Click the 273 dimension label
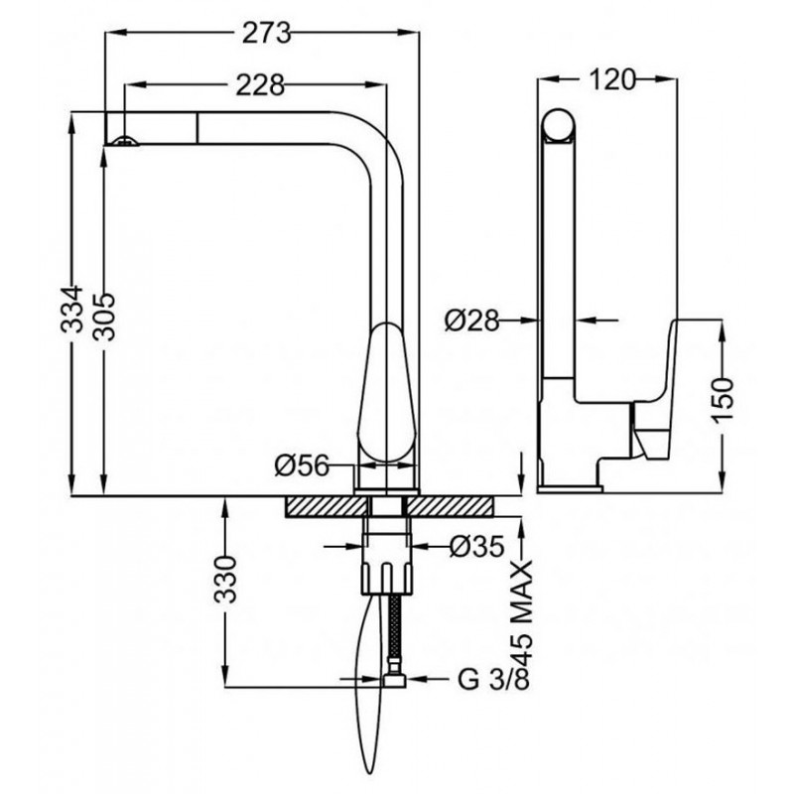coord(266,34)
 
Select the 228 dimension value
coord(260,85)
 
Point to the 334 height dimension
coord(71,309)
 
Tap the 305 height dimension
coord(105,317)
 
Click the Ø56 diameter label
coord(303,465)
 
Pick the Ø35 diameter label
coord(477,546)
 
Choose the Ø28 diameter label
coord(472,320)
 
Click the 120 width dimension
coord(611,79)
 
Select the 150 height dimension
coord(723,400)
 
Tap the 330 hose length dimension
coord(225,580)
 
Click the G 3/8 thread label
coord(493,679)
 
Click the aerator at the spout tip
coord(125,142)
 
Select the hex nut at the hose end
coord(394,679)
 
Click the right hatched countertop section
coord(451,506)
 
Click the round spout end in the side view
coord(559,125)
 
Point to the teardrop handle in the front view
coord(387,391)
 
